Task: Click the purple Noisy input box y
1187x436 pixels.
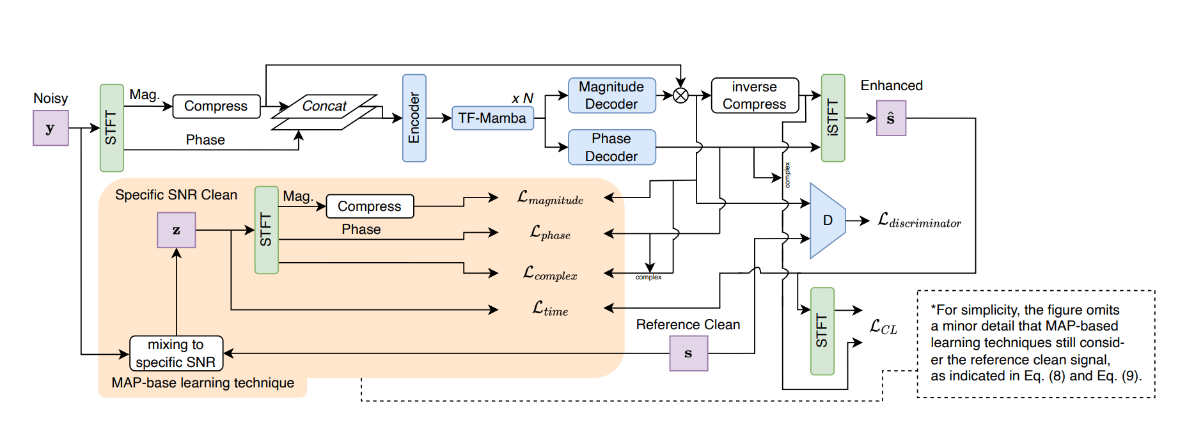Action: click(x=51, y=128)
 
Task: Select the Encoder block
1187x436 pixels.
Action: click(x=414, y=118)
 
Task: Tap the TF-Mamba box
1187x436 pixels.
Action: click(x=492, y=118)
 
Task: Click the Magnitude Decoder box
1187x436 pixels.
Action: click(x=611, y=95)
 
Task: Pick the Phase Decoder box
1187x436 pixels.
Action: click(x=611, y=147)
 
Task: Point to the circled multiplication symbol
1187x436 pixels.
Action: click(x=680, y=95)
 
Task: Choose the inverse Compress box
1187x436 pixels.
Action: click(x=755, y=95)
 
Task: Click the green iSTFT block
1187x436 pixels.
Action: click(x=833, y=118)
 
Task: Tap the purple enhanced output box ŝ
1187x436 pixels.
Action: click(x=890, y=119)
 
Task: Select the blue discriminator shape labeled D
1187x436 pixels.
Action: click(x=827, y=221)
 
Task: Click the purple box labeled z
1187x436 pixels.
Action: click(x=176, y=230)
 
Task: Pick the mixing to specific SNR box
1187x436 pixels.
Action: click(x=176, y=354)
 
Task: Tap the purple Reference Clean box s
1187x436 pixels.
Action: click(x=688, y=354)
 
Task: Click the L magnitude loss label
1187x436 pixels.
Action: click(x=550, y=198)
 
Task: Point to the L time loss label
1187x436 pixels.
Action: click(x=550, y=309)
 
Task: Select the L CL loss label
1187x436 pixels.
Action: click(x=883, y=327)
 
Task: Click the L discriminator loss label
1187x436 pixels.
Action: click(x=919, y=221)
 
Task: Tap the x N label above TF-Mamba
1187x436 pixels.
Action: click(x=522, y=98)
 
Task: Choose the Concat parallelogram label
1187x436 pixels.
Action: click(x=324, y=106)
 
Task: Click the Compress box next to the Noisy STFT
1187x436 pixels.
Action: click(x=216, y=106)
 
